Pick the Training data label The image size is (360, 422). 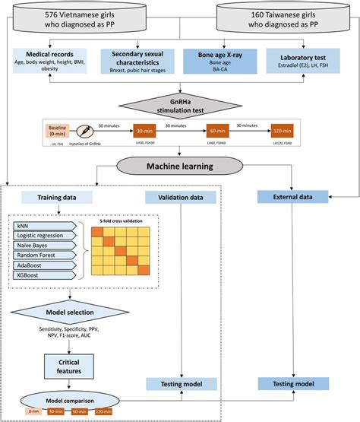(52, 198)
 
